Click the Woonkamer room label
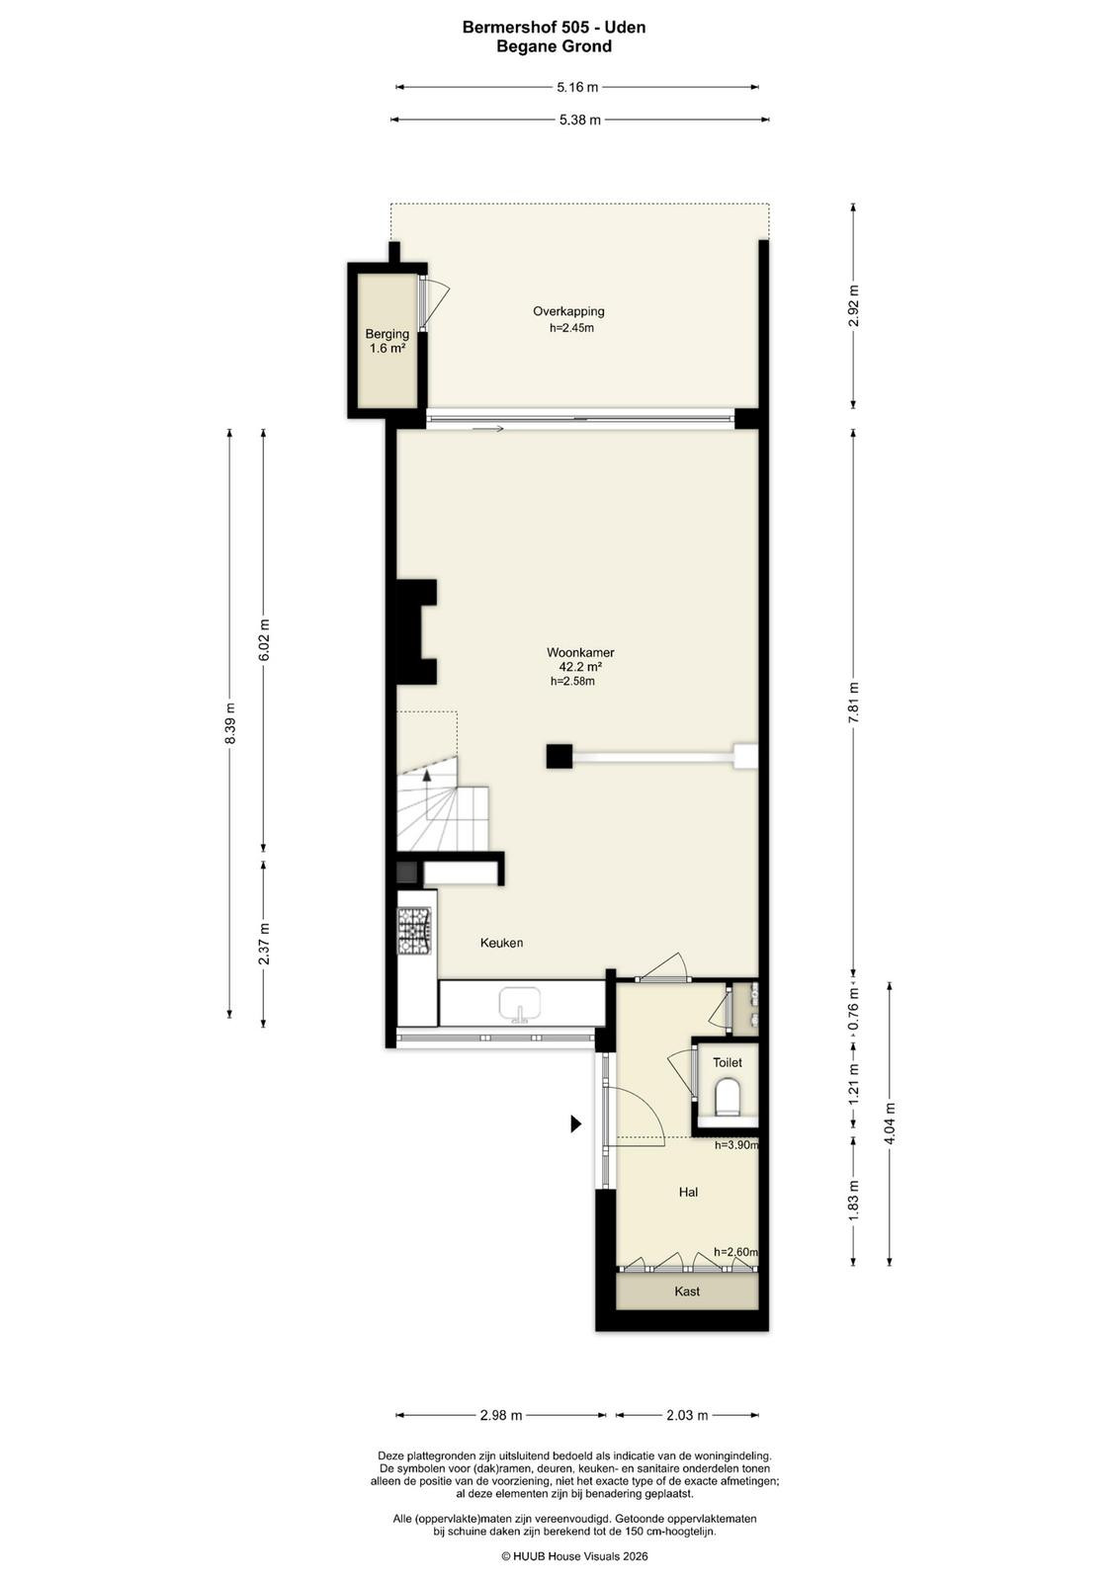click(x=579, y=653)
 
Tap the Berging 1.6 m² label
click(x=387, y=341)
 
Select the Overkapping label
click(x=568, y=311)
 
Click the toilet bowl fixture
click(x=728, y=1096)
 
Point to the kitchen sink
click(x=520, y=1004)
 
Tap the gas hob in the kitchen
click(x=416, y=931)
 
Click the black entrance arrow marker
click(x=576, y=1123)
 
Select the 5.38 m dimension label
click(x=579, y=120)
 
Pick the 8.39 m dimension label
click(x=229, y=723)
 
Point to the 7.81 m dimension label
click(x=853, y=702)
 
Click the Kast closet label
click(x=687, y=1290)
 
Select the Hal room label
click(x=688, y=1192)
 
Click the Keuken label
click(x=501, y=943)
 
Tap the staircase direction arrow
click(x=426, y=775)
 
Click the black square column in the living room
click(x=559, y=756)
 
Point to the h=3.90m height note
click(x=736, y=1145)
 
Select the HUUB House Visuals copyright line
click(x=574, y=1555)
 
